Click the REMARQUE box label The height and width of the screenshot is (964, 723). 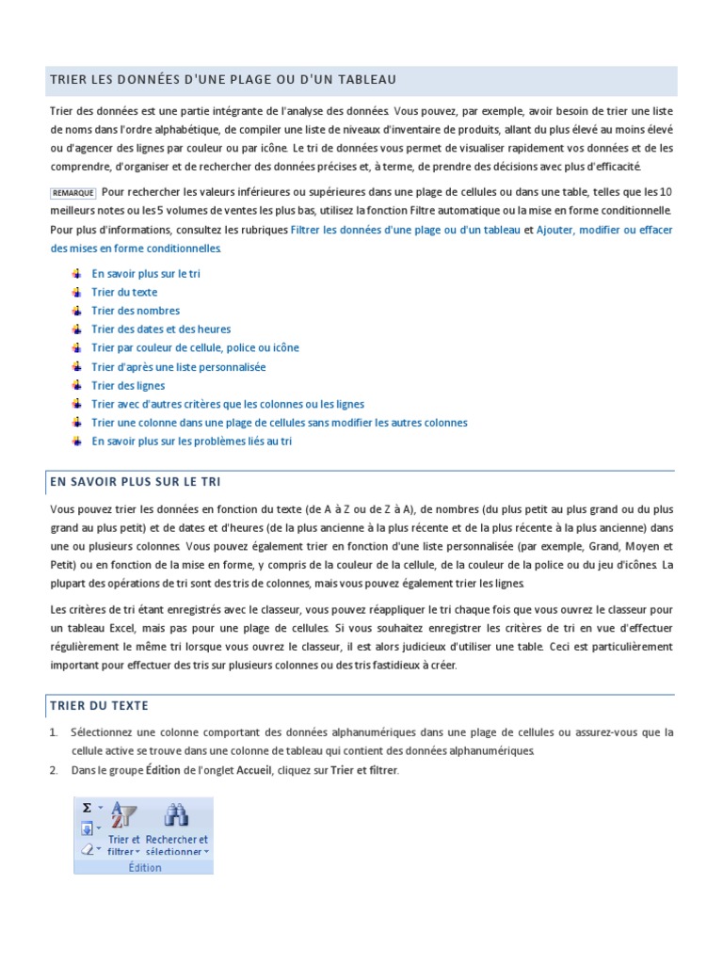coord(72,193)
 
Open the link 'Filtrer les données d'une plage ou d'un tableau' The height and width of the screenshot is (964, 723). coord(405,230)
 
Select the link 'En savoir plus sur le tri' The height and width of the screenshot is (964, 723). coord(145,274)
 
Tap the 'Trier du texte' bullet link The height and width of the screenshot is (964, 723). coord(124,293)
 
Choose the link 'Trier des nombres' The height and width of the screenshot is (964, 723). coord(135,311)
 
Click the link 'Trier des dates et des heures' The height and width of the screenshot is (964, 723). coord(160,329)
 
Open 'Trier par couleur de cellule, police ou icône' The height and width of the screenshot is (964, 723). coord(195,348)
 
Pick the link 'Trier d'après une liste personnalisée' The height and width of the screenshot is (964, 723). coord(178,367)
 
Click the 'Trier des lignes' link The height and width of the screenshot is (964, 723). coord(127,386)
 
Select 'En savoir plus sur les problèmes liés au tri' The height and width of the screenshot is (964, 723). coord(191,442)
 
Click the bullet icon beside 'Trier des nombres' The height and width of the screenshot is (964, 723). coord(76,311)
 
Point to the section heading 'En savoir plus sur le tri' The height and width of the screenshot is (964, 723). coord(136,482)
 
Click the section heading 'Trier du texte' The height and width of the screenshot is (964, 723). coord(99,705)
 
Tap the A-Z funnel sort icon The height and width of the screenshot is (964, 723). coord(124,815)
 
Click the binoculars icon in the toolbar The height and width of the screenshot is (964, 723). coord(176,815)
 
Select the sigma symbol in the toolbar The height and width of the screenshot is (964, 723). coord(87,807)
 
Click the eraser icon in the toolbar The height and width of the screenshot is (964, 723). coord(87,849)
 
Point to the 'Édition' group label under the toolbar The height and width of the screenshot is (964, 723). coord(145,867)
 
